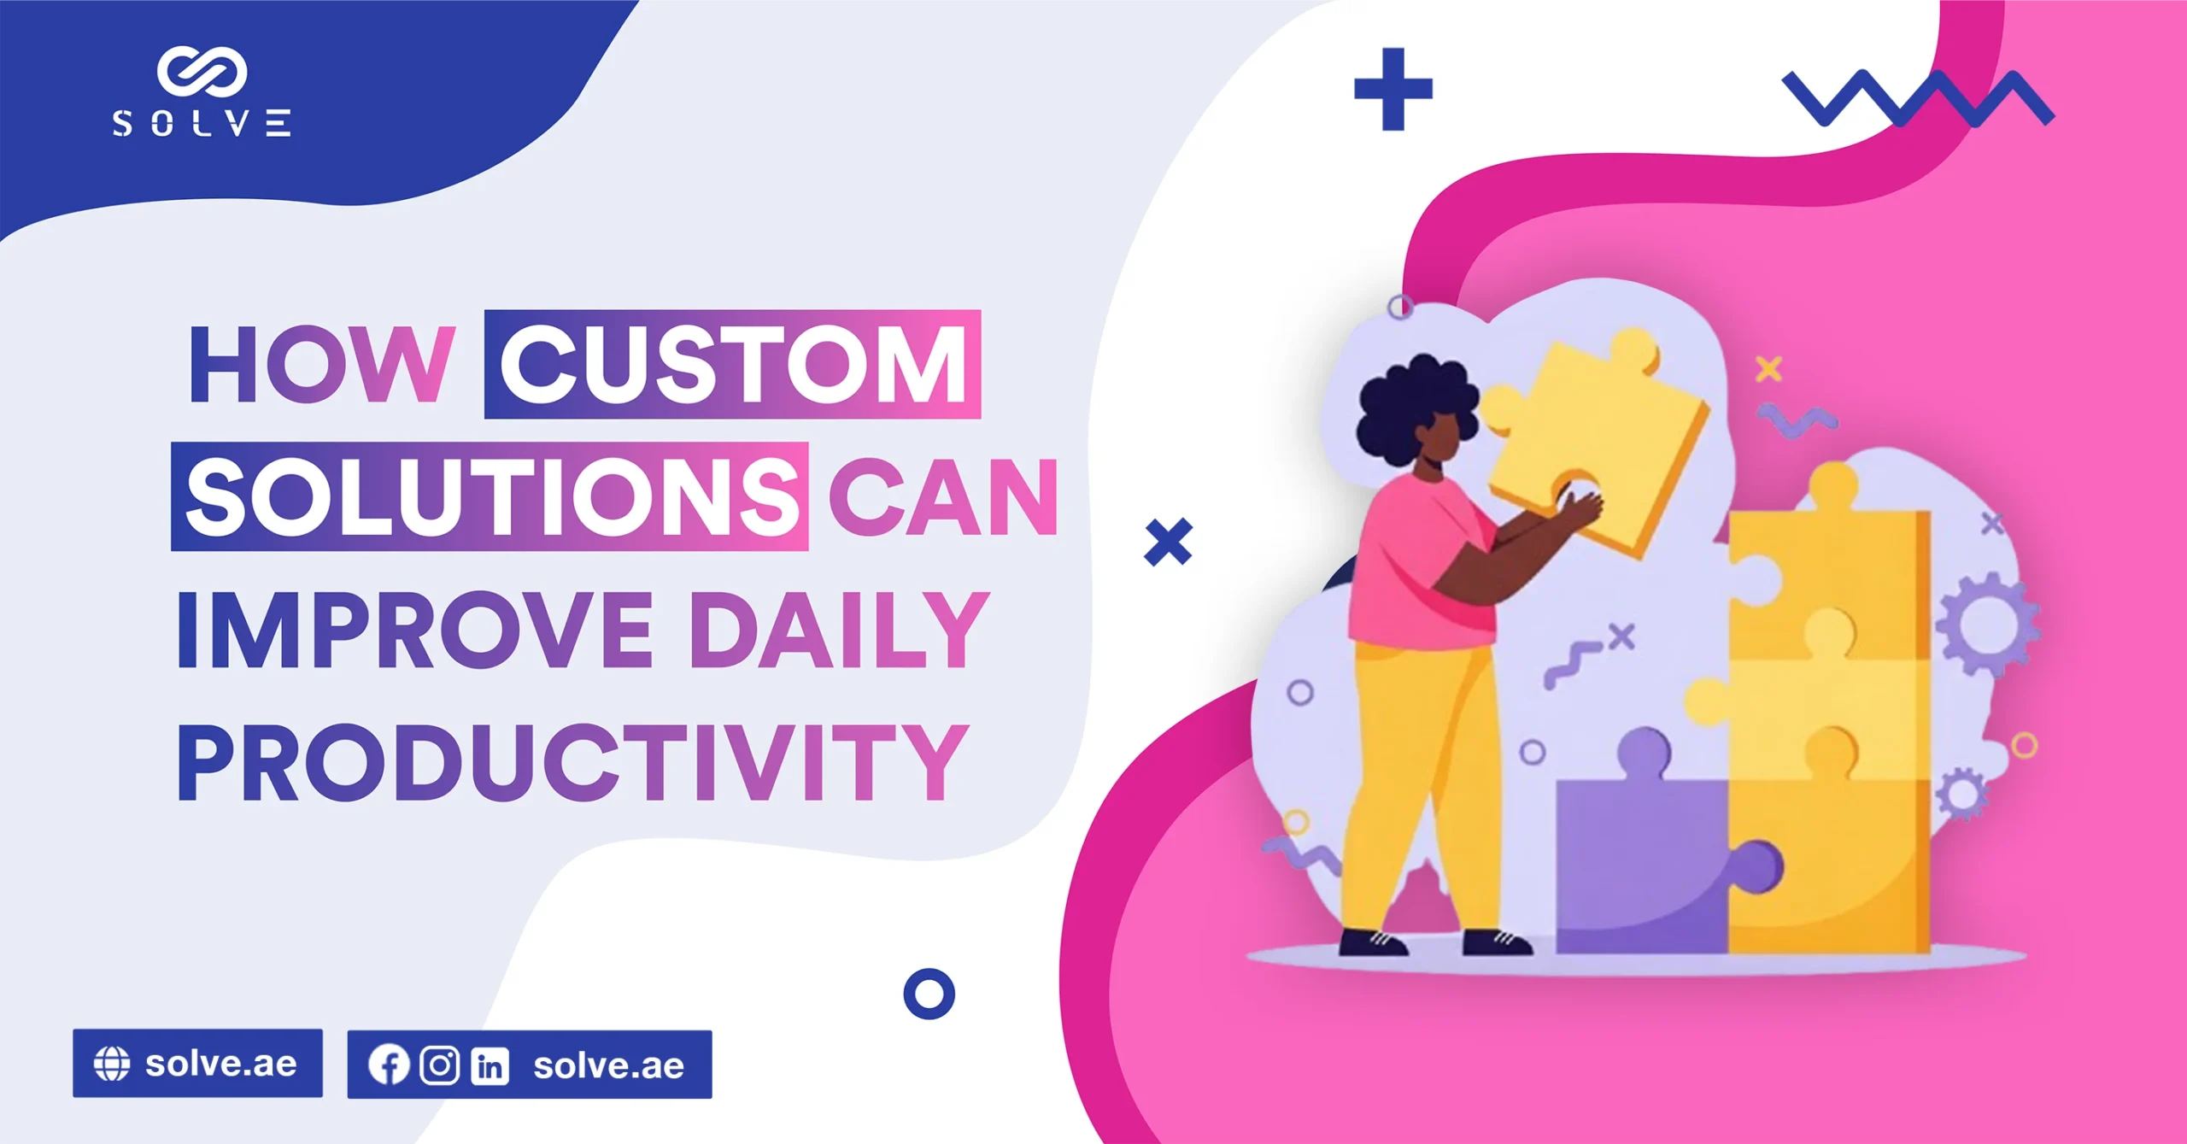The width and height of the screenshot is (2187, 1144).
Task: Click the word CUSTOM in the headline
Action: (x=733, y=365)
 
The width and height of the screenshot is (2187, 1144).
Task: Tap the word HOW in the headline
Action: (x=321, y=365)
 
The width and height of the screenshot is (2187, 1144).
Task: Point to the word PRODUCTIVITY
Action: (x=572, y=761)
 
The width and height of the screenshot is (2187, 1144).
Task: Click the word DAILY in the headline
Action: (x=839, y=630)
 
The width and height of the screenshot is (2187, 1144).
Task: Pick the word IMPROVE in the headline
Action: (x=415, y=630)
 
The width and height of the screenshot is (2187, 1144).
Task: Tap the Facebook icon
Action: (x=389, y=1065)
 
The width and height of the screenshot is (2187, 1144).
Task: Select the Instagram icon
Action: (x=440, y=1065)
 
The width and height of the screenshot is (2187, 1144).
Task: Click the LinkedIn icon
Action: (x=490, y=1065)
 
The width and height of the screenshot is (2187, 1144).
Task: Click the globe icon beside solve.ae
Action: (x=112, y=1064)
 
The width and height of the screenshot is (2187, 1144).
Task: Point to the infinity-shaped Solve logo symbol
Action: (x=202, y=71)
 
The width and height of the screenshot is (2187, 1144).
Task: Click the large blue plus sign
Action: (x=1393, y=89)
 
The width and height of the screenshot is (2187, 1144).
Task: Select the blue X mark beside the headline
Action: (x=1168, y=542)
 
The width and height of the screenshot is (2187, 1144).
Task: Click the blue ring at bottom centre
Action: (x=929, y=994)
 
